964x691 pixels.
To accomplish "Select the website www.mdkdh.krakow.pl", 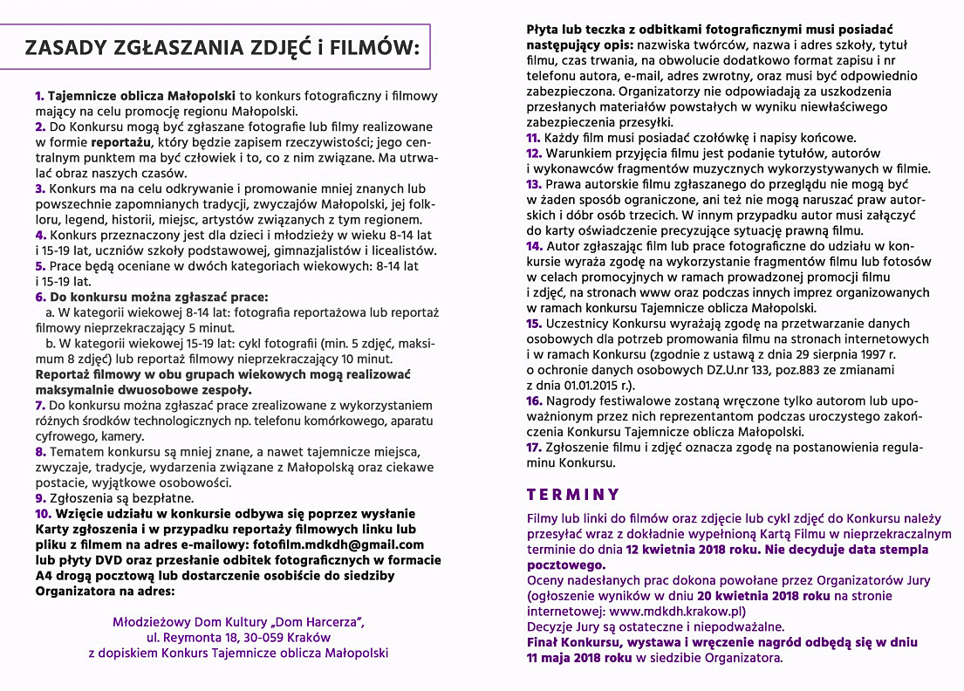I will click(x=681, y=611).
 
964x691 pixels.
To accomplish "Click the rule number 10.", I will click(x=44, y=513).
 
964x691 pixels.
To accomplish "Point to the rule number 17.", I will click(x=535, y=447).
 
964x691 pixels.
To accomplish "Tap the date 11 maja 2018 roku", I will click(x=579, y=658).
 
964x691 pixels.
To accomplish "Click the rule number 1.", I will click(x=39, y=94).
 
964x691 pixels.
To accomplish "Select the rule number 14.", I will click(x=535, y=245).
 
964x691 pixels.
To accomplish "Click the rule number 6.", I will click(x=40, y=297).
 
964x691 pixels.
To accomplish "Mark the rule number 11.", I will click(x=534, y=137).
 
